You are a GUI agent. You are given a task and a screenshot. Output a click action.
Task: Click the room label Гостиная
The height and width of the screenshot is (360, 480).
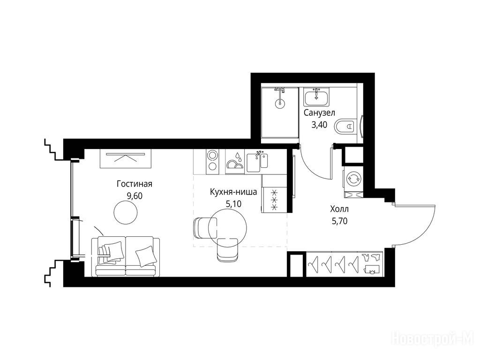point(135,184)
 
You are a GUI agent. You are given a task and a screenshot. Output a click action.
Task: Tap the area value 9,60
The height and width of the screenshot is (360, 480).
point(135,195)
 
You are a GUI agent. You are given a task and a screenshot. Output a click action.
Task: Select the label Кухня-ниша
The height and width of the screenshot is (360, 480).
point(233,192)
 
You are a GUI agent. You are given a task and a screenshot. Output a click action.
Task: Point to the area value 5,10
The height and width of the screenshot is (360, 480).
point(233,203)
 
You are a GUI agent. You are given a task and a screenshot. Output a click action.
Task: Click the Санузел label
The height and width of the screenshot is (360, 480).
point(319,112)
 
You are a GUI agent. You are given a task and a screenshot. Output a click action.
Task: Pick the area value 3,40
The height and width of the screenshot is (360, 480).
point(319,125)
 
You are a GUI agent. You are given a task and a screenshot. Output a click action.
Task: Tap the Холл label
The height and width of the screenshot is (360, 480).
point(339,209)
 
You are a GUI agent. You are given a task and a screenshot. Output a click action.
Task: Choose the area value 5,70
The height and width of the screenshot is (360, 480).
point(339,221)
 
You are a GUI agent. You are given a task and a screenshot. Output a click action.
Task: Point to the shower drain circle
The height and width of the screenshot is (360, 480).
point(279,103)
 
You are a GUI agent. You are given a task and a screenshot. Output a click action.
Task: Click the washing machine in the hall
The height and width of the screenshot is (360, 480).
point(353,179)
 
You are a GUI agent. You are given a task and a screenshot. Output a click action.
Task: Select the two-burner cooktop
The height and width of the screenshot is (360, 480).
point(212,162)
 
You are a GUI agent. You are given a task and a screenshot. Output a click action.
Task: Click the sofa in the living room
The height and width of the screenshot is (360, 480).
point(126,256)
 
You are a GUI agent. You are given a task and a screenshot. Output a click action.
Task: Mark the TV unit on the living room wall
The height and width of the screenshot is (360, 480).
point(126,158)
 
